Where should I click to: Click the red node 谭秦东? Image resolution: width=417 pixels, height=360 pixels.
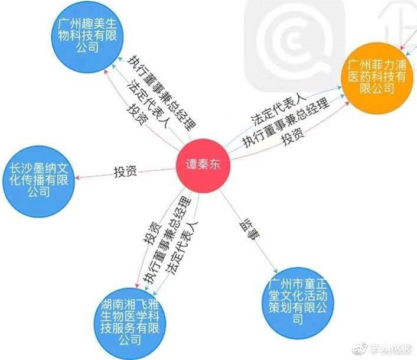(203, 165)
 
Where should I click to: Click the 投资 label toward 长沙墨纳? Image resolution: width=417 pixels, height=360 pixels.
(125, 172)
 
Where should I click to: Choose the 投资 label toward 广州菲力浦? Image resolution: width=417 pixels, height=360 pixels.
(292, 139)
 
